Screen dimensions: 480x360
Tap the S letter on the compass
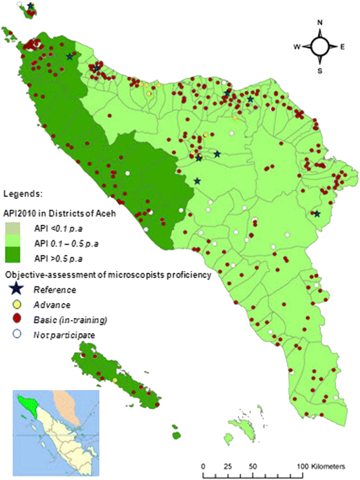(x=319, y=71)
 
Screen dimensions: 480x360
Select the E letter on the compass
(x=343, y=47)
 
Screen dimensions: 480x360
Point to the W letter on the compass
(x=296, y=47)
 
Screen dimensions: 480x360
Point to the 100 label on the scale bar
(x=302, y=466)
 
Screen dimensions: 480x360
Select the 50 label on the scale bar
(x=253, y=466)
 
